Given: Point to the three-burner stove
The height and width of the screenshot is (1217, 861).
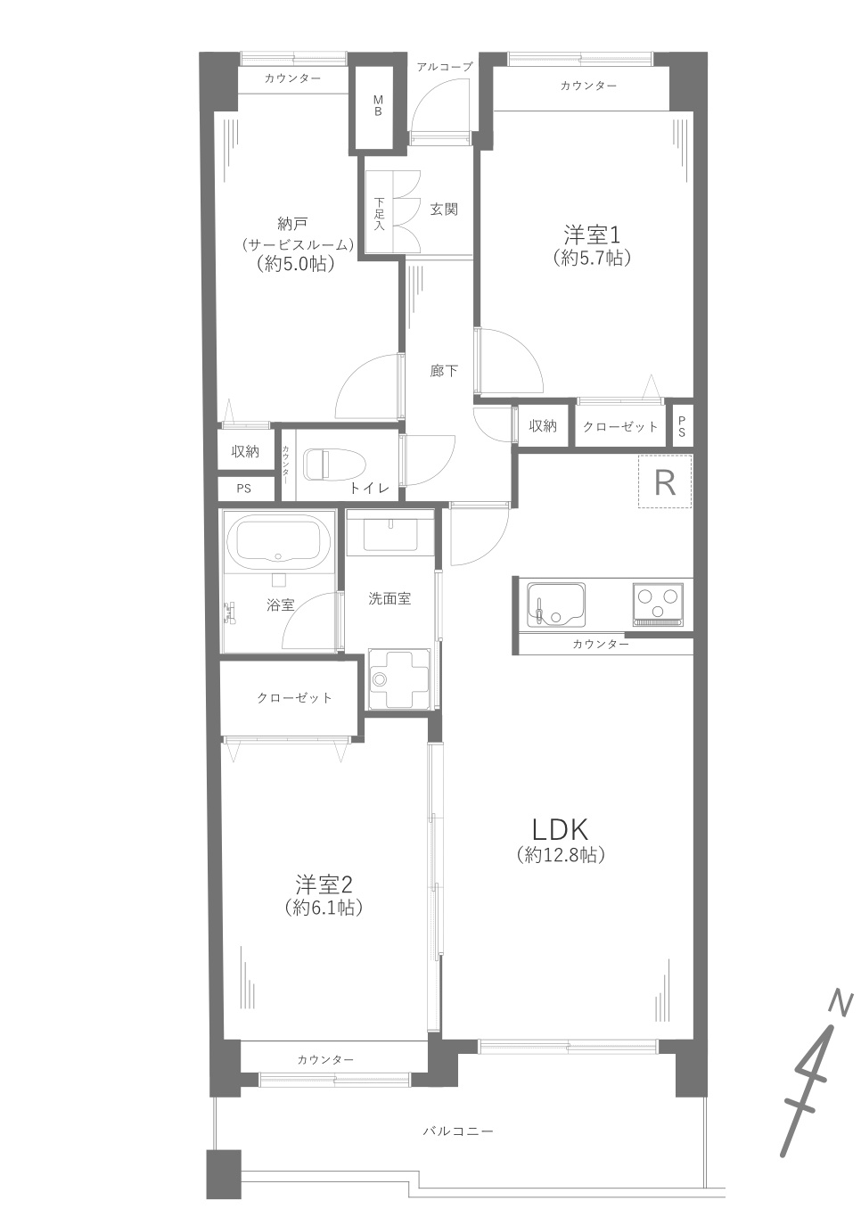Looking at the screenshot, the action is [658, 604].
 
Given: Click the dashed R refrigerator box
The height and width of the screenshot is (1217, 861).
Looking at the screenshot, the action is [665, 481].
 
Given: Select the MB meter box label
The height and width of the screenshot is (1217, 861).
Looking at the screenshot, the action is [378, 106].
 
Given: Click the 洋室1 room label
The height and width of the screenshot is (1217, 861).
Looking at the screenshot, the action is [592, 235].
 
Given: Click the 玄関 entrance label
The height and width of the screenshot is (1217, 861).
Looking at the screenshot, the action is [444, 210].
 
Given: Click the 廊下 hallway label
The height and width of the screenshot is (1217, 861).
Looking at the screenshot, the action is [444, 371].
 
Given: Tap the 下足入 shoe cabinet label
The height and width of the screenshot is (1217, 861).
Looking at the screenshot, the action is [379, 213].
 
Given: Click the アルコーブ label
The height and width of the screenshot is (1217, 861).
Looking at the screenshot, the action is [445, 67].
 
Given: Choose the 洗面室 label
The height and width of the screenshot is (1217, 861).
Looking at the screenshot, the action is [389, 599].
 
